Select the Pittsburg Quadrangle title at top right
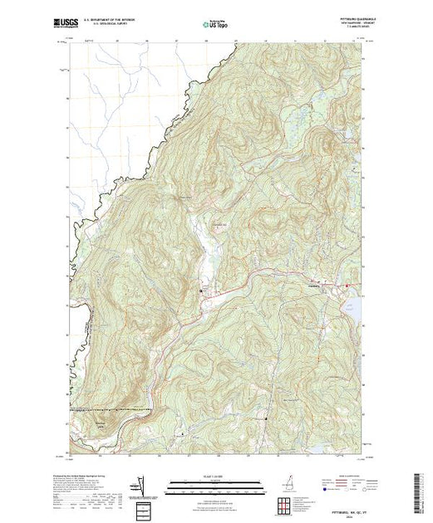[341, 18]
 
